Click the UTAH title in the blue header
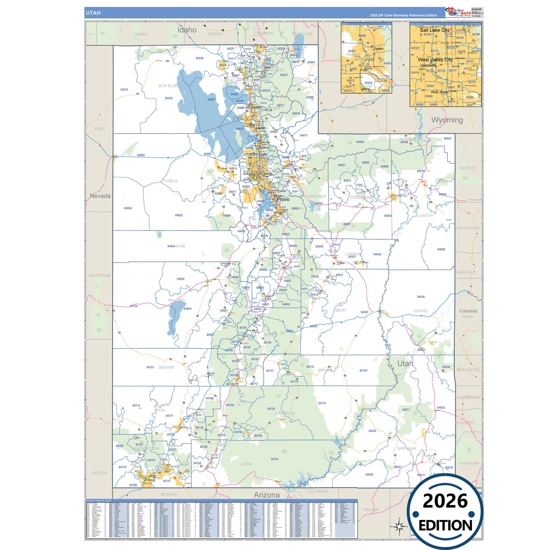tap(93, 13)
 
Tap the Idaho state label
tap(187, 30)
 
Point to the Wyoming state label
tap(447, 120)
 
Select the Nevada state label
tap(100, 196)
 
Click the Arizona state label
tap(266, 495)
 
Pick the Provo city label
tap(283, 199)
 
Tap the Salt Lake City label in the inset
tap(434, 30)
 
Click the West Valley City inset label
tap(435, 60)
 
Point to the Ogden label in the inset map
tap(378, 49)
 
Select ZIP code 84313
tap(124, 90)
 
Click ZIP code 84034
tap(128, 208)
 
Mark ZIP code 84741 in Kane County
tap(274, 459)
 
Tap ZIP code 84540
tap(421, 297)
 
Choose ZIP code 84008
tap(441, 249)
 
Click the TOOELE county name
tap(170, 181)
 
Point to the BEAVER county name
tap(166, 367)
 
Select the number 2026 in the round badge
tap(445, 501)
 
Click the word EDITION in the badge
tap(445, 526)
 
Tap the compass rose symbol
tap(399, 527)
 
